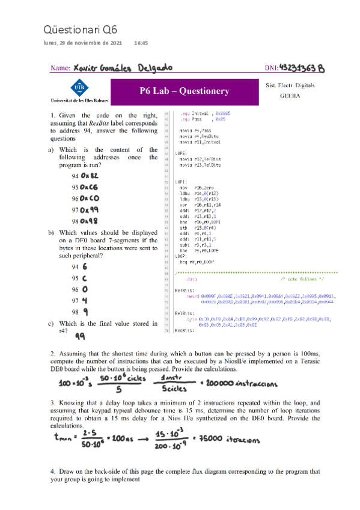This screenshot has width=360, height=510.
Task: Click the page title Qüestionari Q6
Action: (x=81, y=29)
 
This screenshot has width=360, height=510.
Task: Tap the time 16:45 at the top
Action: (x=141, y=43)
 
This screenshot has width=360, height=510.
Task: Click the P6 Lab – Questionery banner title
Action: (x=189, y=91)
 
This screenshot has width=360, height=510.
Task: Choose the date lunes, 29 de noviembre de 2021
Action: (x=83, y=43)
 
